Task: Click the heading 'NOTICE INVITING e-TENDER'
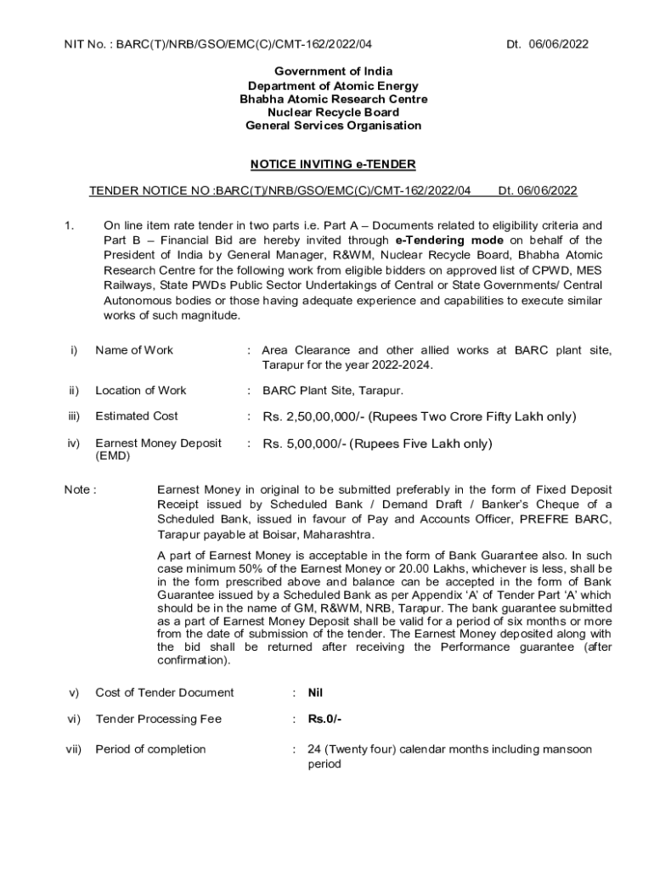(x=333, y=165)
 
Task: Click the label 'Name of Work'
(x=134, y=350)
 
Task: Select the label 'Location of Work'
(x=141, y=390)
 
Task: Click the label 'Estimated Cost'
(x=137, y=416)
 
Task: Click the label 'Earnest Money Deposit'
(x=158, y=443)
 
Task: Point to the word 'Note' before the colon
(x=76, y=489)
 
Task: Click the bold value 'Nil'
(x=316, y=692)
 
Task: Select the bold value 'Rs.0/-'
(x=324, y=719)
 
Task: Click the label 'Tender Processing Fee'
(x=158, y=719)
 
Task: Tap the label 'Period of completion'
(x=150, y=749)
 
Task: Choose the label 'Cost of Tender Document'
(x=164, y=692)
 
